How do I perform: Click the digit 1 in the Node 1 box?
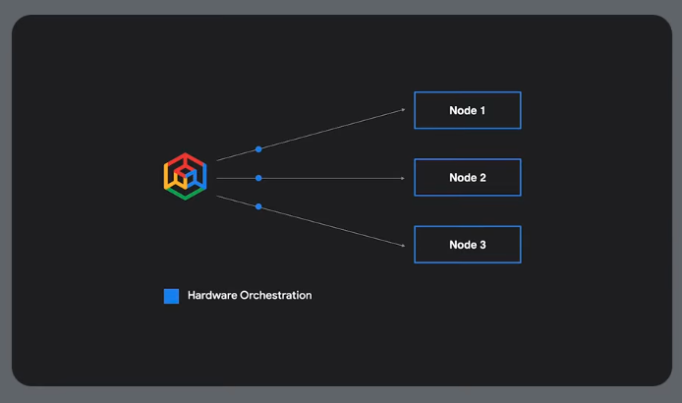click(482, 111)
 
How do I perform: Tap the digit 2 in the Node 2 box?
click(482, 178)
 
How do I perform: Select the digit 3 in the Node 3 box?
click(482, 245)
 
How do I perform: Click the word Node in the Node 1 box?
click(462, 111)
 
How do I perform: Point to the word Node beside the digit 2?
click(462, 178)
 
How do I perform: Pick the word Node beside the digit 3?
click(462, 245)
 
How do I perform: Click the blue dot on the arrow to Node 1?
click(258, 149)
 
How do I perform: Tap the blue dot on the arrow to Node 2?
click(258, 178)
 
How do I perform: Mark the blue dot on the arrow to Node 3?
click(258, 206)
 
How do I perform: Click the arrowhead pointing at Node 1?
click(402, 110)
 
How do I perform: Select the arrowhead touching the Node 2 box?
click(402, 178)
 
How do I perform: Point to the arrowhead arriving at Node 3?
click(402, 245)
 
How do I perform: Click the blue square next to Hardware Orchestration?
click(171, 296)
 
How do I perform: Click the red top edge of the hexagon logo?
click(185, 158)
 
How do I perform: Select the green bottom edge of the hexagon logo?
click(185, 195)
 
